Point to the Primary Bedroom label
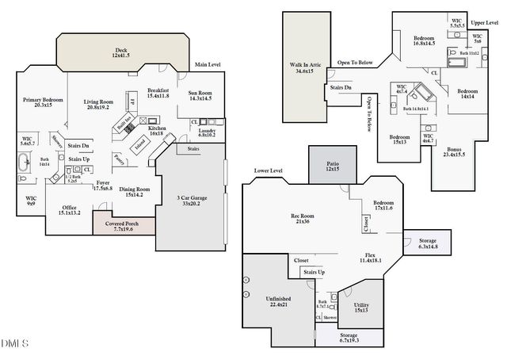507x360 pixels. coord(43,102)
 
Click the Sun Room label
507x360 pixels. coord(200,96)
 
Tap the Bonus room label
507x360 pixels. coord(454,151)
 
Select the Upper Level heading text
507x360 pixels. coord(484,23)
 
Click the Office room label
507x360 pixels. coord(69,210)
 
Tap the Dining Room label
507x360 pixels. coord(134,191)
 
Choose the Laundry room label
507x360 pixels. coord(208,132)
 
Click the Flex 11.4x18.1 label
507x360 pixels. coord(370,257)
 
